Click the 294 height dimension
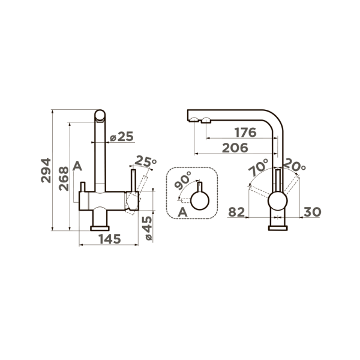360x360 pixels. [46, 170]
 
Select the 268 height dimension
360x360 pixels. [64, 179]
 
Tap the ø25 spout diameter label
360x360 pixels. [121, 137]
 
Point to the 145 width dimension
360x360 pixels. [110, 239]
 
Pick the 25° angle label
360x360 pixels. [146, 161]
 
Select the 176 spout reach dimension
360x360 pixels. [245, 133]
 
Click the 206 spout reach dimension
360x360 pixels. [235, 148]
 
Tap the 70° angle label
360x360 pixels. [258, 167]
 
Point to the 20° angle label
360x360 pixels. [294, 165]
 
